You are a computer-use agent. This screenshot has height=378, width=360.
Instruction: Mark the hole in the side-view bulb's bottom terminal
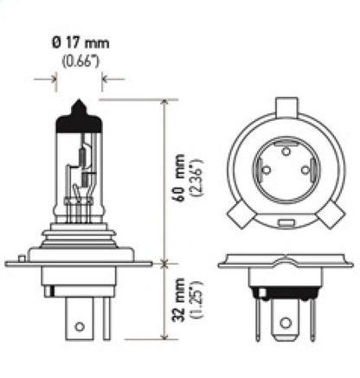pyautogui.click(x=80, y=329)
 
